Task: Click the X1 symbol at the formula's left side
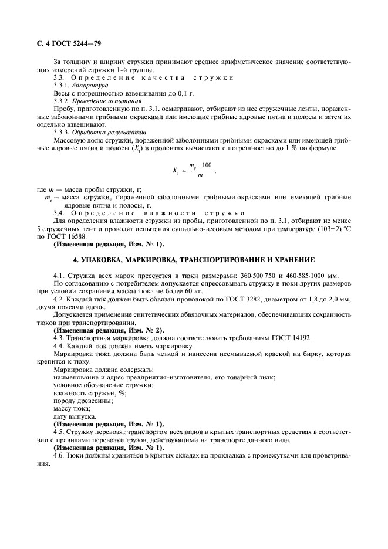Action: tap(176, 171)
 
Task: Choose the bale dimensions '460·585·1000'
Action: tap(309, 275)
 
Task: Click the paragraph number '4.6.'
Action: tap(60, 455)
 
